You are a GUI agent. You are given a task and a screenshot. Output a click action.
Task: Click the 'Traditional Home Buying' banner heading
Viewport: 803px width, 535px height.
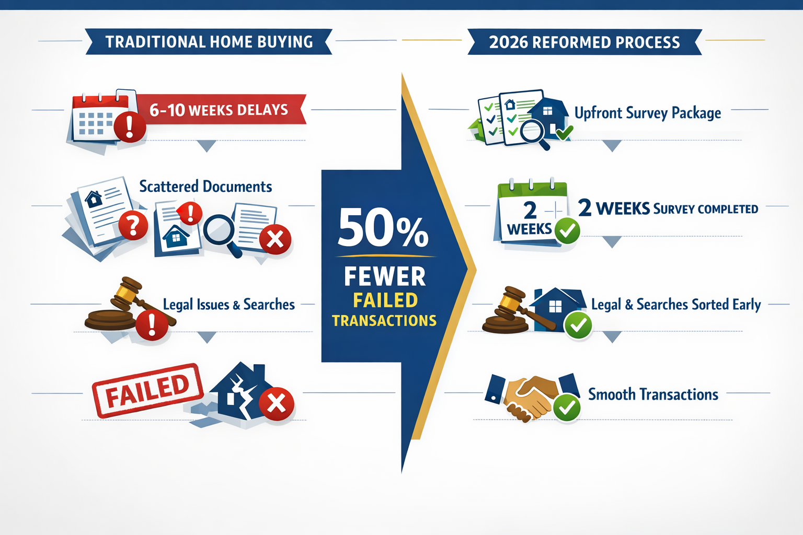(209, 42)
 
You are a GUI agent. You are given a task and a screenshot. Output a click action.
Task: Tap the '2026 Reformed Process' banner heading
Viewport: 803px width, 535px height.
(584, 42)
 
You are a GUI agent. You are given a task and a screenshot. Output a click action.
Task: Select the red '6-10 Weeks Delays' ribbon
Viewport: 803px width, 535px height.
(219, 110)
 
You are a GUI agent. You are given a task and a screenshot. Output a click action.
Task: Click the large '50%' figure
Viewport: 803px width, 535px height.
(383, 228)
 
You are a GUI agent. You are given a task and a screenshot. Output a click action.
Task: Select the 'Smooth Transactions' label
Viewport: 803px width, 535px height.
(653, 394)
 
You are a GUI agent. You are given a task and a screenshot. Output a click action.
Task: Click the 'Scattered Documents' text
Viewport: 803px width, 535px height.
(205, 187)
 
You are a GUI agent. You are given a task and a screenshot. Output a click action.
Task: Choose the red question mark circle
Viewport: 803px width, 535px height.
(133, 226)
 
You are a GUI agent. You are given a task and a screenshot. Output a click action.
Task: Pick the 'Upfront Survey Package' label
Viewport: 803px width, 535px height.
(647, 113)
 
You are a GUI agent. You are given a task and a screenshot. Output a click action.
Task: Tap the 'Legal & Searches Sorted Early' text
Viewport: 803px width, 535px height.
(675, 304)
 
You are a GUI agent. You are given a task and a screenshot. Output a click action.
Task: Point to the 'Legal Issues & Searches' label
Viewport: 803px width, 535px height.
(228, 304)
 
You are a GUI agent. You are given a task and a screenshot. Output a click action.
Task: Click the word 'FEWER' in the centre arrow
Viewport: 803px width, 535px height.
(385, 276)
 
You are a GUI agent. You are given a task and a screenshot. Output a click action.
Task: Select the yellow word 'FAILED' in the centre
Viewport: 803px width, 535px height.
(385, 300)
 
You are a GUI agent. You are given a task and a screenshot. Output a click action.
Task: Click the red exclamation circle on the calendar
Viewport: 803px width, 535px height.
(129, 126)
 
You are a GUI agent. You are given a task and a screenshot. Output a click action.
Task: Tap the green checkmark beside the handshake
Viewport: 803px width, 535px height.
(566, 408)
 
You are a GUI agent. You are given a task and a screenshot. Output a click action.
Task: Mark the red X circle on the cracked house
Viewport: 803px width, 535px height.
(277, 403)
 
